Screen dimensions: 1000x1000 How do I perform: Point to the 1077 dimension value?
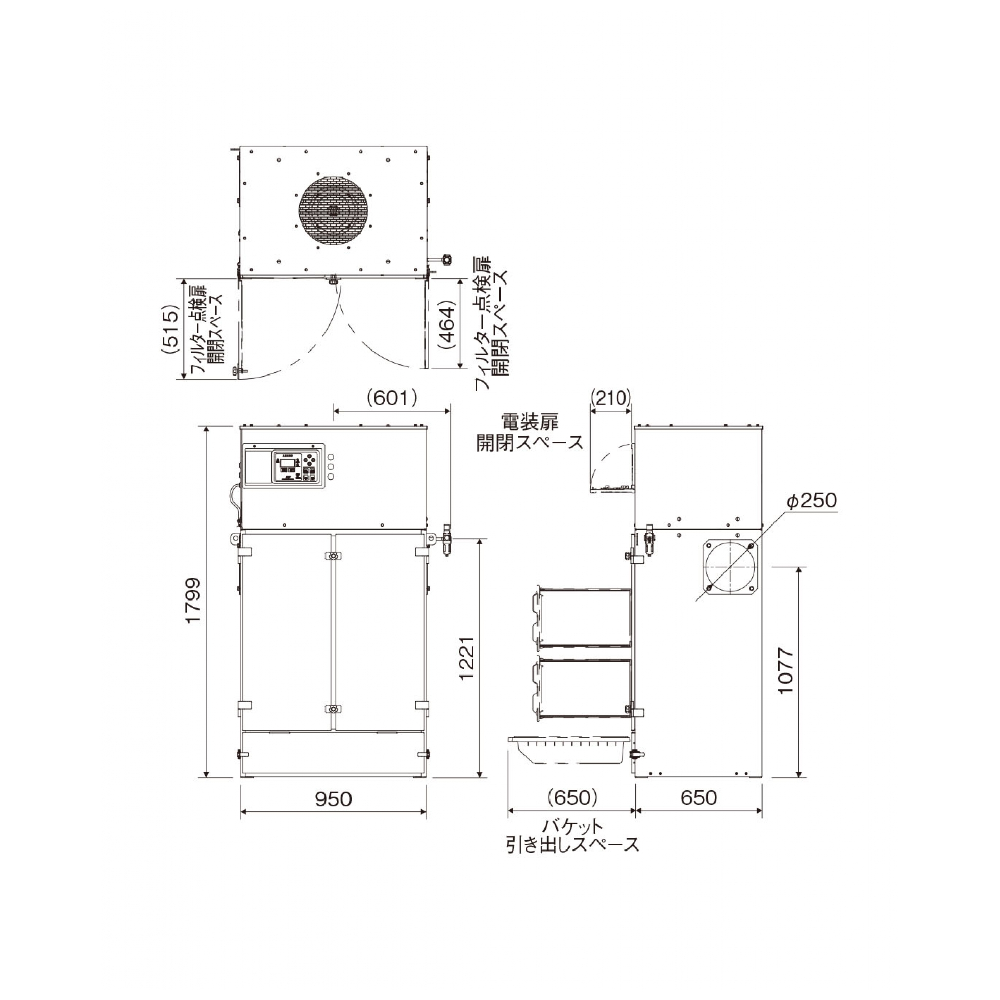click(x=785, y=671)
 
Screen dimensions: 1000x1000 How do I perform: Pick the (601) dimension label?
click(x=392, y=398)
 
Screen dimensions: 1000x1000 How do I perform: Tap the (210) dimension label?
click(x=611, y=397)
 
